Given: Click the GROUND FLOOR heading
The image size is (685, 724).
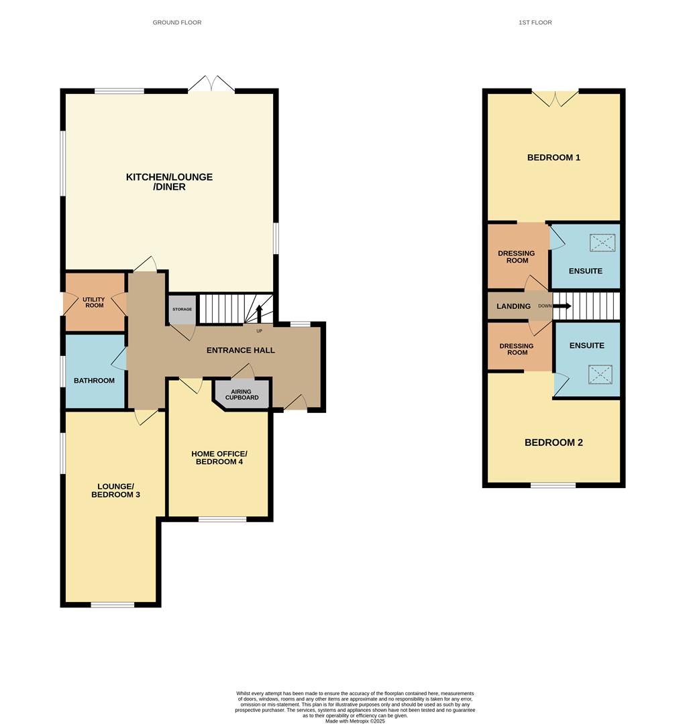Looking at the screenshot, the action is tap(177, 22).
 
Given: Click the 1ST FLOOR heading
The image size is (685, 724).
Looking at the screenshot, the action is tap(535, 22).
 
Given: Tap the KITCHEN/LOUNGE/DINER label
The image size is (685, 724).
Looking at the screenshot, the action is tap(170, 182).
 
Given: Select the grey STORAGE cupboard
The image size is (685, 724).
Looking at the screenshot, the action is tap(182, 309).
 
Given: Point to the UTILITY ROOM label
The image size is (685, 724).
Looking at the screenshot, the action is tap(94, 302).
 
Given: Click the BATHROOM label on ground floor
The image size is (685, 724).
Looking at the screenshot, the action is tap(95, 381).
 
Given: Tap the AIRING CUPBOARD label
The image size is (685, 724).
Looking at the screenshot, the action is tap(242, 394).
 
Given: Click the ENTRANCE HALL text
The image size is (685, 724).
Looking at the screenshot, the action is tap(240, 351).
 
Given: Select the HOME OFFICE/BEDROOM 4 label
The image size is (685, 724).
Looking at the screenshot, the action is tap(219, 458).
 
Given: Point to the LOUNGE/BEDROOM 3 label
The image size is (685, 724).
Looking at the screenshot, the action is tap(115, 490).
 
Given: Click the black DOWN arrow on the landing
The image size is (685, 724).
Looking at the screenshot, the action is tap(562, 306).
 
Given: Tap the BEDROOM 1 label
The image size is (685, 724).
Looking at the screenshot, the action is tap(554, 158).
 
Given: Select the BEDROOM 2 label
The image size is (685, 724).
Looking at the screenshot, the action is tap(554, 442).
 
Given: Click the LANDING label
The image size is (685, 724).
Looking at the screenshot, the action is tap(513, 306).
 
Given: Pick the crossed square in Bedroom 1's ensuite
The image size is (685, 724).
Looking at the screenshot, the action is tap(602, 243).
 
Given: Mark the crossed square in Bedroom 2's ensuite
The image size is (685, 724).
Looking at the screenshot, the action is tap(600, 375).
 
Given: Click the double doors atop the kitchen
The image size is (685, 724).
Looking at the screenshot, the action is tap(212, 83).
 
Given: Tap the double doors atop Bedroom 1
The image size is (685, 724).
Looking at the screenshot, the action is tap(555, 98).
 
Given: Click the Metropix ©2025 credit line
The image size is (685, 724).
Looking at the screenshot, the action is tap(355, 721).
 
